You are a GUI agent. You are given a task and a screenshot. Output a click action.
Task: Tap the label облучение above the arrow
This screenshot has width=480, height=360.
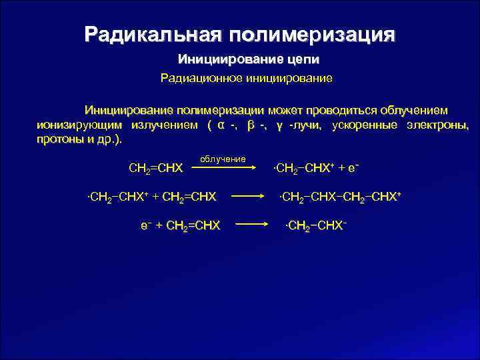pyautogui.click(x=223, y=159)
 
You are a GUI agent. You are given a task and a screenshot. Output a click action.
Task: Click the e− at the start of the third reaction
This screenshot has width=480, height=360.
pyautogui.click(x=145, y=225)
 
